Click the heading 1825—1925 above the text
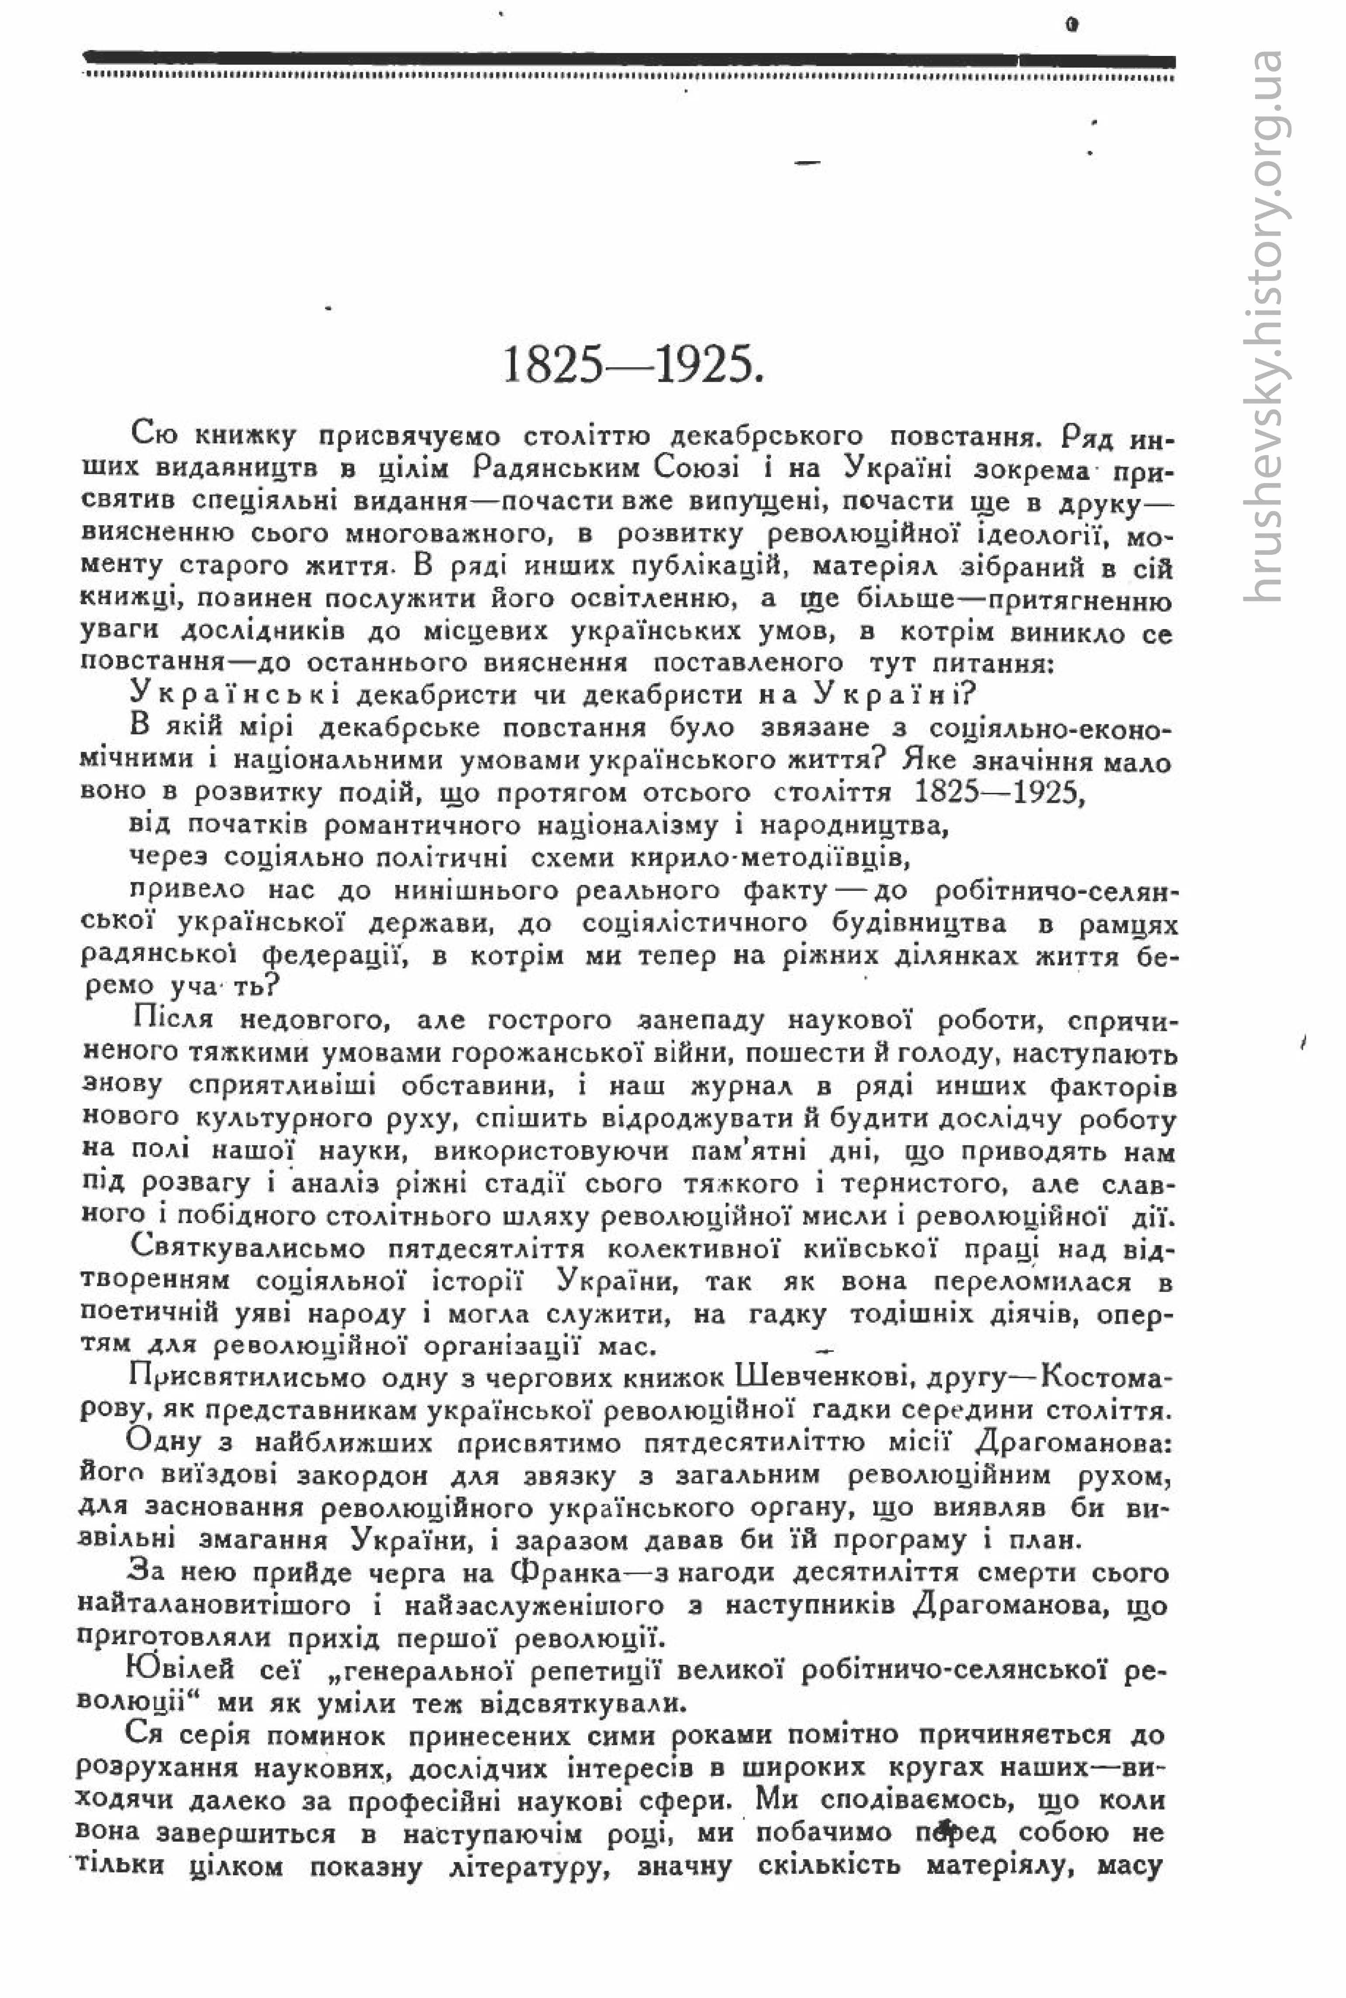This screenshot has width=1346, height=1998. [x=633, y=366]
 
